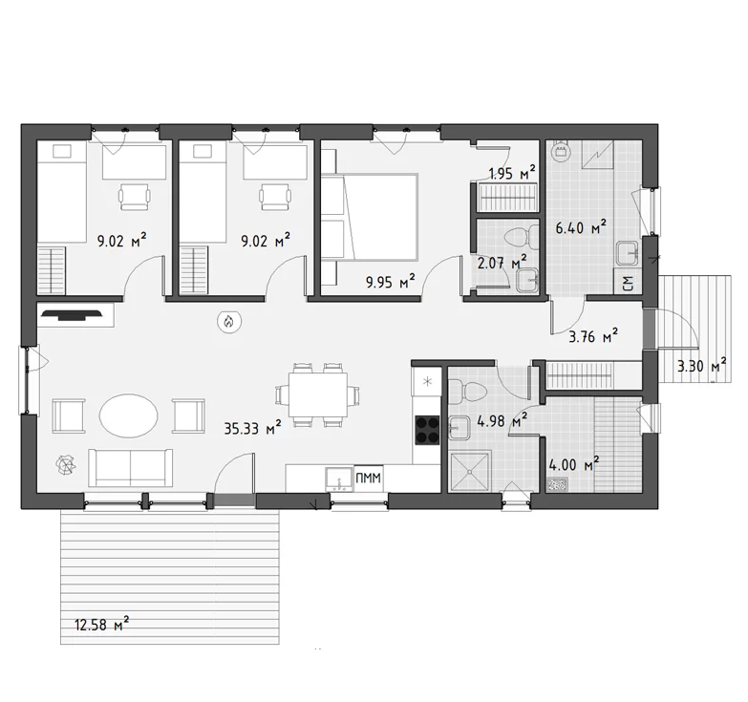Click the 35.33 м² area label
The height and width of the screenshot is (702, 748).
(x=252, y=427)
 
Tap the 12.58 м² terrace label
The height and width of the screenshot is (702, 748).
(x=101, y=624)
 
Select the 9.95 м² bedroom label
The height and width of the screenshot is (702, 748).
(x=390, y=281)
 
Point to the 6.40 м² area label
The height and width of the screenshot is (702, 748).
(x=581, y=227)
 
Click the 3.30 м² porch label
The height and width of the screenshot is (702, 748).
(x=702, y=365)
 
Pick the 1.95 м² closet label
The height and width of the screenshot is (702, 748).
(x=512, y=173)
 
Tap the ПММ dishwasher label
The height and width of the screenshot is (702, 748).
(x=369, y=478)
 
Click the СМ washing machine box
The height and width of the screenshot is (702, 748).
(x=628, y=284)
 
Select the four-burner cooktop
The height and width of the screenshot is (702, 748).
(x=427, y=430)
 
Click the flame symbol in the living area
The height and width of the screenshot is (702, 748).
(x=229, y=322)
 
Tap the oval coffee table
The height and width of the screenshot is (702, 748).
(x=128, y=415)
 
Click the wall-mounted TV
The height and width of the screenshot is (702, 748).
(x=72, y=315)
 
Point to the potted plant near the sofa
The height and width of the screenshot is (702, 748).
(x=65, y=465)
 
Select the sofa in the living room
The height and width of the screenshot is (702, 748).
(x=130, y=467)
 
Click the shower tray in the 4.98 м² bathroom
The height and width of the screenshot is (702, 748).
(x=470, y=472)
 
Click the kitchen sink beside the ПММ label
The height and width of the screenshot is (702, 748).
(x=340, y=479)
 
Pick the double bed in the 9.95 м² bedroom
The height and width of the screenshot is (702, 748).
(x=370, y=218)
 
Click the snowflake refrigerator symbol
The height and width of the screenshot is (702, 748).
(x=427, y=381)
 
